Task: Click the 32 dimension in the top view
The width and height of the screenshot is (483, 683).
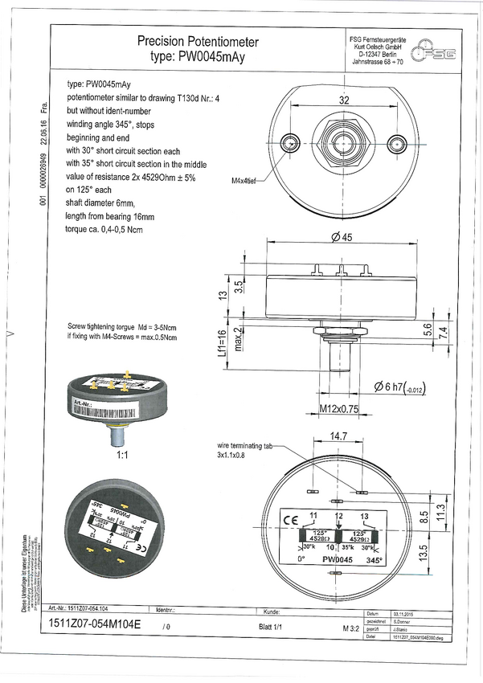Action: tap(343, 100)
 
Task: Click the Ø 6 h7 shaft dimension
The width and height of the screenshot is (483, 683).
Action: tap(399, 388)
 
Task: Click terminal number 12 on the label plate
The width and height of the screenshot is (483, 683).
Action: tap(339, 514)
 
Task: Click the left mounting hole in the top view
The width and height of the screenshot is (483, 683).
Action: tap(290, 145)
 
